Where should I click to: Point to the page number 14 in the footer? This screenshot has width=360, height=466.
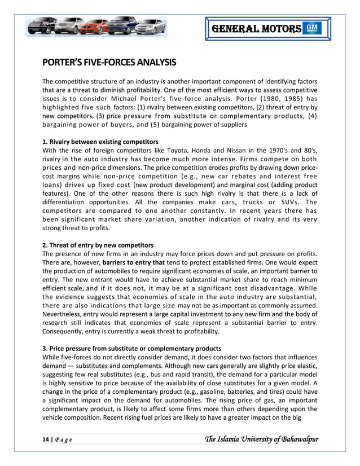coord(45,439)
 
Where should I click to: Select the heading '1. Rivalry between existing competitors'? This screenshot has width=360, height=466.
coord(100,141)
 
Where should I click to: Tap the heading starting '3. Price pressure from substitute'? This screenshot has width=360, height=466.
coord(131,348)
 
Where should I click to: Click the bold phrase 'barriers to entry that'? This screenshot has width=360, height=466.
coord(134,262)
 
